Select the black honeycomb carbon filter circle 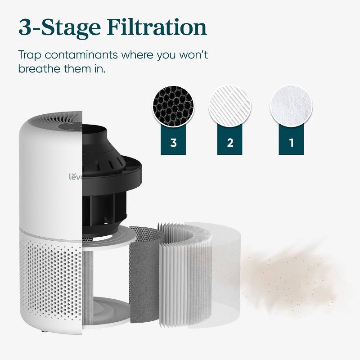pyautogui.click(x=174, y=106)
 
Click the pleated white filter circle pyautogui.click(x=230, y=106)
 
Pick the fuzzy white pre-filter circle pyautogui.click(x=291, y=106)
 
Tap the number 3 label pyautogui.click(x=174, y=143)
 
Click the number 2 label pyautogui.click(x=230, y=143)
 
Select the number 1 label pyautogui.click(x=291, y=143)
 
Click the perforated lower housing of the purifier pyautogui.click(x=49, y=279)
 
